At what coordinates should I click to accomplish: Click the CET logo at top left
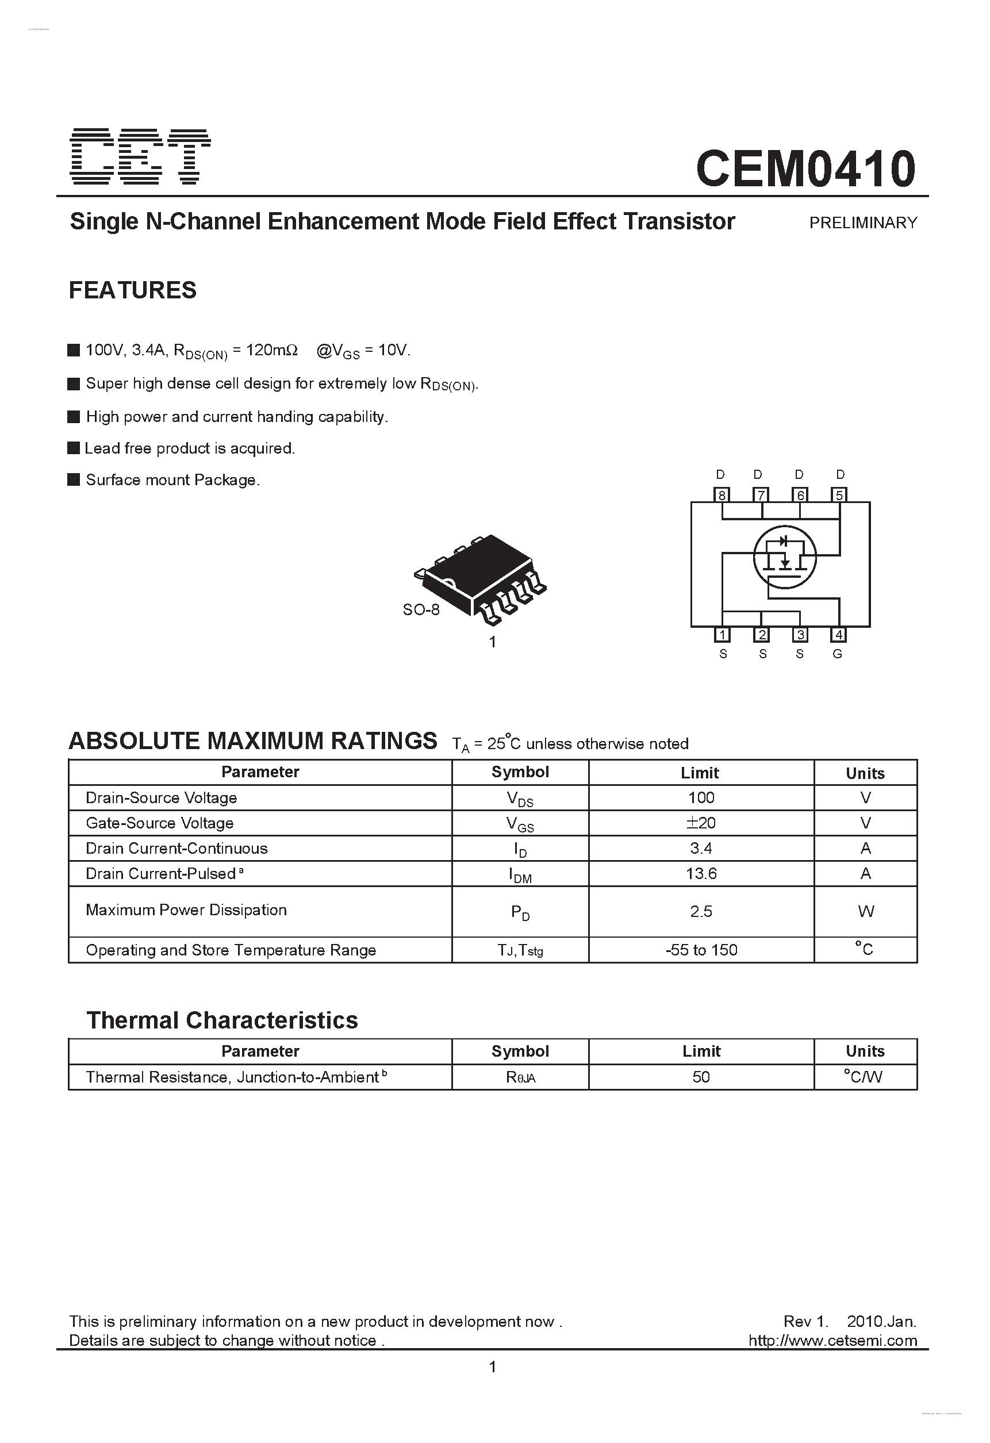pyautogui.click(x=140, y=156)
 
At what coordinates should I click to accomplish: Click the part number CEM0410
pyautogui.click(x=805, y=169)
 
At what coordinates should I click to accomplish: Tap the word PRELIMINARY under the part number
pyautogui.click(x=863, y=223)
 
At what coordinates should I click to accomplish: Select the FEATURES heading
pyautogui.click(x=132, y=290)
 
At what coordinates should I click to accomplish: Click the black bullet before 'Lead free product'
pyautogui.click(x=74, y=448)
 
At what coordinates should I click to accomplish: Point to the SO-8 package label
pyautogui.click(x=420, y=610)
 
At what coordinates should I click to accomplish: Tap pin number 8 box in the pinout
pyautogui.click(x=722, y=495)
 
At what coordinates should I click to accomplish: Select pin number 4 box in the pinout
pyautogui.click(x=838, y=635)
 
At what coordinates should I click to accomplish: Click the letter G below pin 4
pyautogui.click(x=837, y=654)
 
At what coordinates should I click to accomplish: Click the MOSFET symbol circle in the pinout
pyautogui.click(x=784, y=557)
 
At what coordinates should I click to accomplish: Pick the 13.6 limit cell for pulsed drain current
pyautogui.click(x=701, y=874)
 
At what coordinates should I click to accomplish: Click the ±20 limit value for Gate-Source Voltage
pyautogui.click(x=701, y=823)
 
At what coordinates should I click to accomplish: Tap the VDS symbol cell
pyautogui.click(x=520, y=799)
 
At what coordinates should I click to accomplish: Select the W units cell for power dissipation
pyautogui.click(x=865, y=911)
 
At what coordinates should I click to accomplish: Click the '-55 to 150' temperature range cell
pyautogui.click(x=701, y=950)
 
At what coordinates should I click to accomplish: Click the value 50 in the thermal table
pyautogui.click(x=701, y=1077)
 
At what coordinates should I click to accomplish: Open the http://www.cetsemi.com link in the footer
pyautogui.click(x=832, y=1341)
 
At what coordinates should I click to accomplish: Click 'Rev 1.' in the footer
pyautogui.click(x=805, y=1321)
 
